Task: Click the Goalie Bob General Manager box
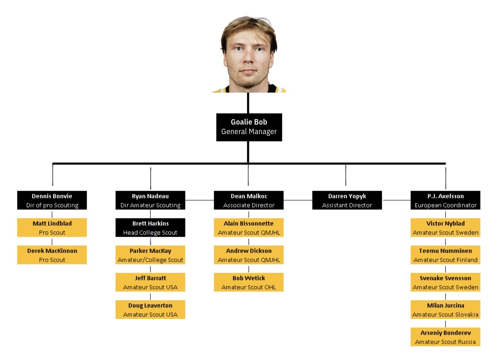[x=249, y=127]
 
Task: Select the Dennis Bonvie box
[x=52, y=200]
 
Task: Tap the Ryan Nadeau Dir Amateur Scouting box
[x=150, y=200]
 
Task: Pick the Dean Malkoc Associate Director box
[x=249, y=200]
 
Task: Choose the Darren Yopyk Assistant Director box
[x=347, y=200]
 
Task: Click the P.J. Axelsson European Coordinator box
[x=445, y=200]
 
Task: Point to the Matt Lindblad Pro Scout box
[x=52, y=228]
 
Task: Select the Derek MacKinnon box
[x=52, y=255]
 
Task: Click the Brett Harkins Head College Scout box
[x=150, y=228]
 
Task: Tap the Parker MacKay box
[x=150, y=255]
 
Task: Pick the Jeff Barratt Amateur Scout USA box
[x=150, y=282]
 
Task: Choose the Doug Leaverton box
[x=150, y=309]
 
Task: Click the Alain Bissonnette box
[x=249, y=228]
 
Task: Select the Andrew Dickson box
[x=249, y=255]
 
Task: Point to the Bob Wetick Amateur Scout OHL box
[x=249, y=282]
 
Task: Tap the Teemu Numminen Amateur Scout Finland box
[x=445, y=255]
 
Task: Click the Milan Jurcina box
[x=445, y=309]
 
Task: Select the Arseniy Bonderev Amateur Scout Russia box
[x=445, y=337]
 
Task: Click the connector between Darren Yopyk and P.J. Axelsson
[x=397, y=200]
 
